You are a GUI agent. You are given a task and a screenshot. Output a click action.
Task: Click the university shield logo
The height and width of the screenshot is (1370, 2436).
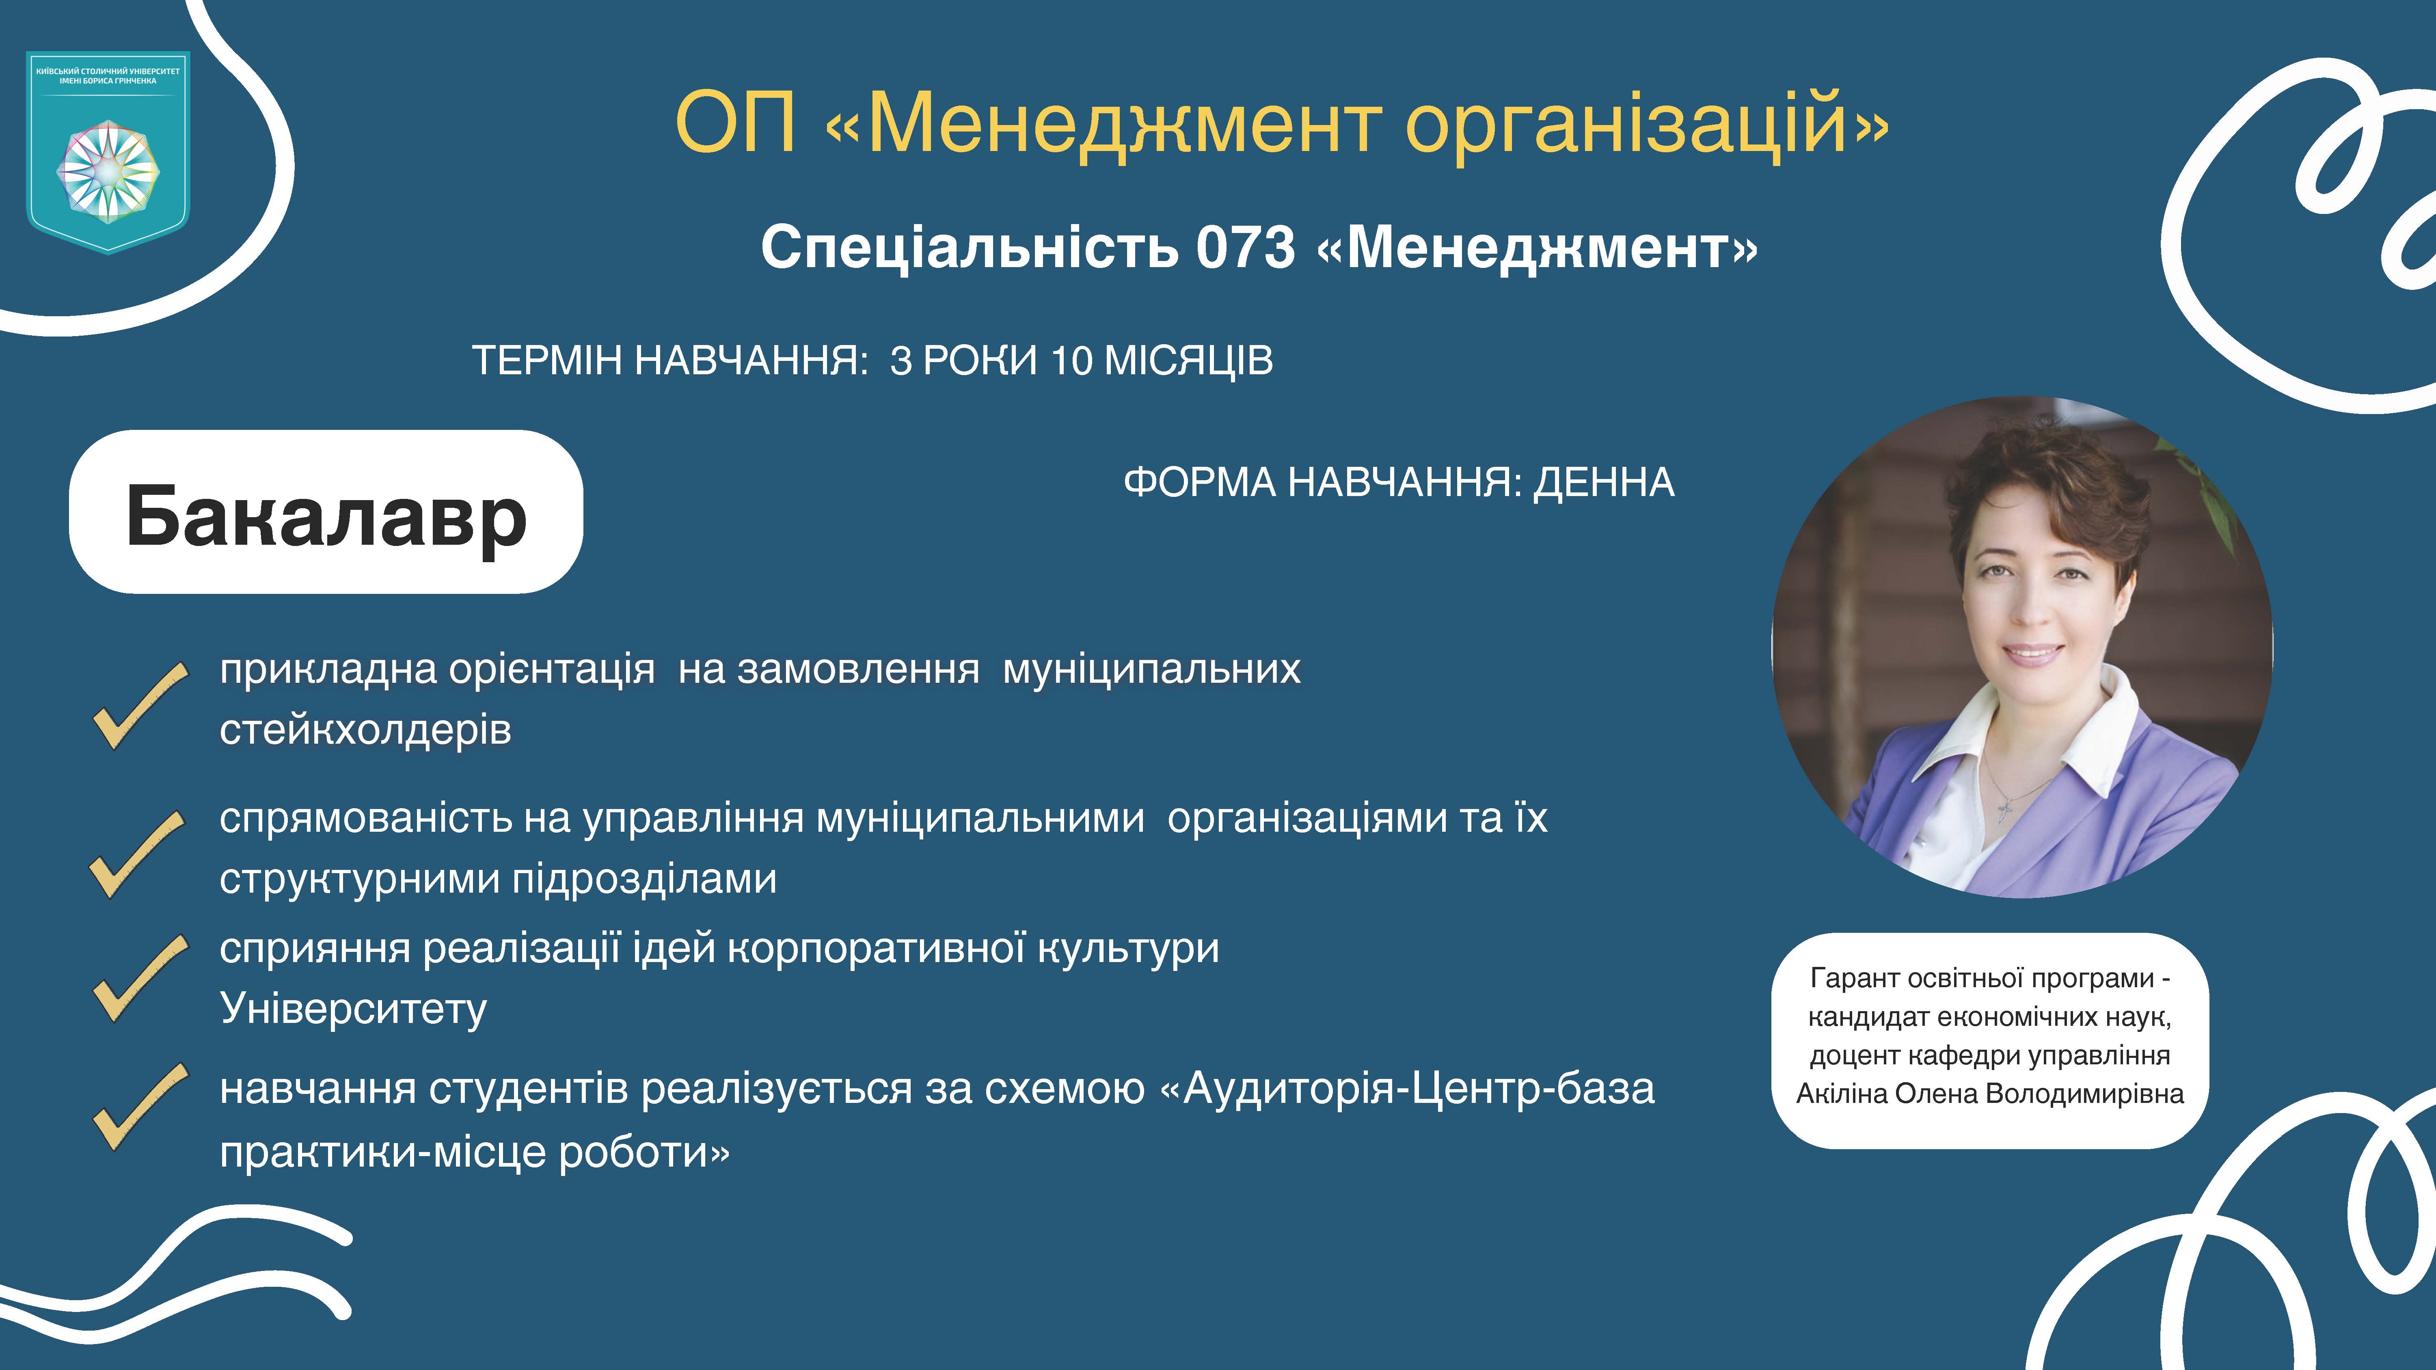pos(108,151)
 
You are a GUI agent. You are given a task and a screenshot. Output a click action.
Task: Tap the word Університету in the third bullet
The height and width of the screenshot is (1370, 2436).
pos(353,1009)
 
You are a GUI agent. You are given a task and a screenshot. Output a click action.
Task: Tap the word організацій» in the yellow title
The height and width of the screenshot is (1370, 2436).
pos(1646,123)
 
